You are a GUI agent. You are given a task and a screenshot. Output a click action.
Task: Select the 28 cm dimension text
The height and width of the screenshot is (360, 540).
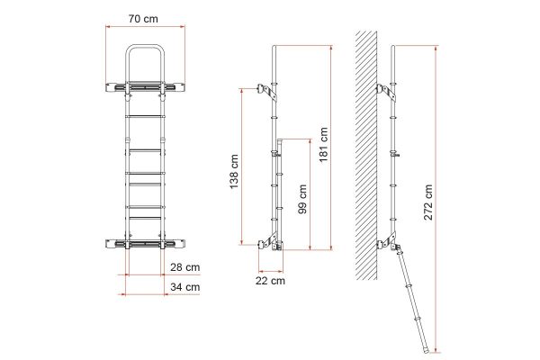click(185, 267)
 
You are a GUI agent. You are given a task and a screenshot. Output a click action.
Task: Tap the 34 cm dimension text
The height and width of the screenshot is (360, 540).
click(185, 286)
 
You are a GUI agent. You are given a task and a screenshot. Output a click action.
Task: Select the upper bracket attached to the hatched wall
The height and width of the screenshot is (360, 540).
click(384, 90)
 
